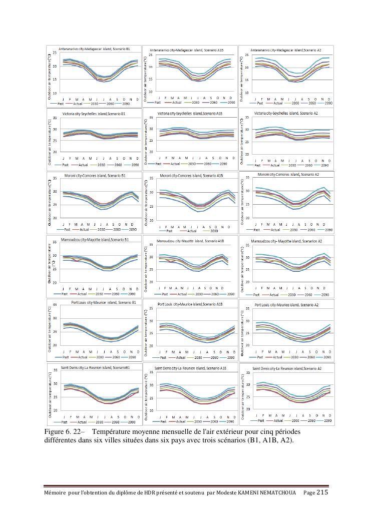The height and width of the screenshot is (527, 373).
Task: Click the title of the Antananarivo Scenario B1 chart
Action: coord(95,49)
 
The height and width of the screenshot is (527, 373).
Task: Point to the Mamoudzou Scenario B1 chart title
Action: coord(93,240)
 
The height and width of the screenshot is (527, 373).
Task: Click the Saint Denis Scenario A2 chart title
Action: coord(287,368)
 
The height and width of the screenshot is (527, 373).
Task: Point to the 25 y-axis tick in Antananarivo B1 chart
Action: coord(55,53)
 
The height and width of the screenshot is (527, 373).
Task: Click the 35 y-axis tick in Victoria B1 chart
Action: coord(55,118)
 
